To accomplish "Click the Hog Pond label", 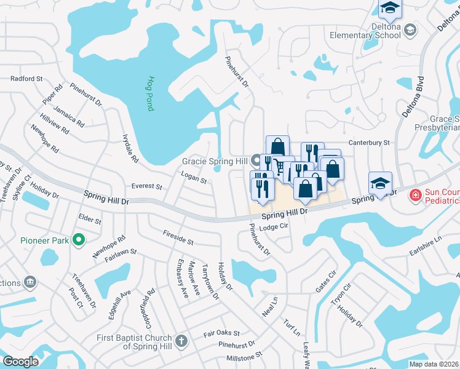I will pyautogui.click(x=149, y=93).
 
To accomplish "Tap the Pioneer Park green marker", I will pyautogui.click(x=78, y=240).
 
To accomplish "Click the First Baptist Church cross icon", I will pyautogui.click(x=181, y=341).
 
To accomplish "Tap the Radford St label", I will pyautogui.click(x=26, y=79).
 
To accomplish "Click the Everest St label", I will pyautogui.click(x=146, y=186).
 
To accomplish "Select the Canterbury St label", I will pyautogui.click(x=370, y=143).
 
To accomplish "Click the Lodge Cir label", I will pyautogui.click(x=274, y=227).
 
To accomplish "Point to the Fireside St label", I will pyautogui.click(x=178, y=238).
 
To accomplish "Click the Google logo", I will pyautogui.click(x=21, y=361).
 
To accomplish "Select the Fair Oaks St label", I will pyautogui.click(x=221, y=333).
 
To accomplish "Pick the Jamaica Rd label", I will pyautogui.click(x=68, y=115).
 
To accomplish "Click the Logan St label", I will pyautogui.click(x=194, y=177).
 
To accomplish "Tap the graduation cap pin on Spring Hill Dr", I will pyautogui.click(x=380, y=183).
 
